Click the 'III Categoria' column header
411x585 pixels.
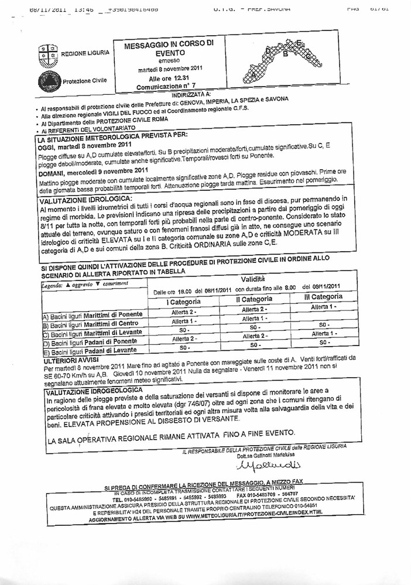click(321, 297)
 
